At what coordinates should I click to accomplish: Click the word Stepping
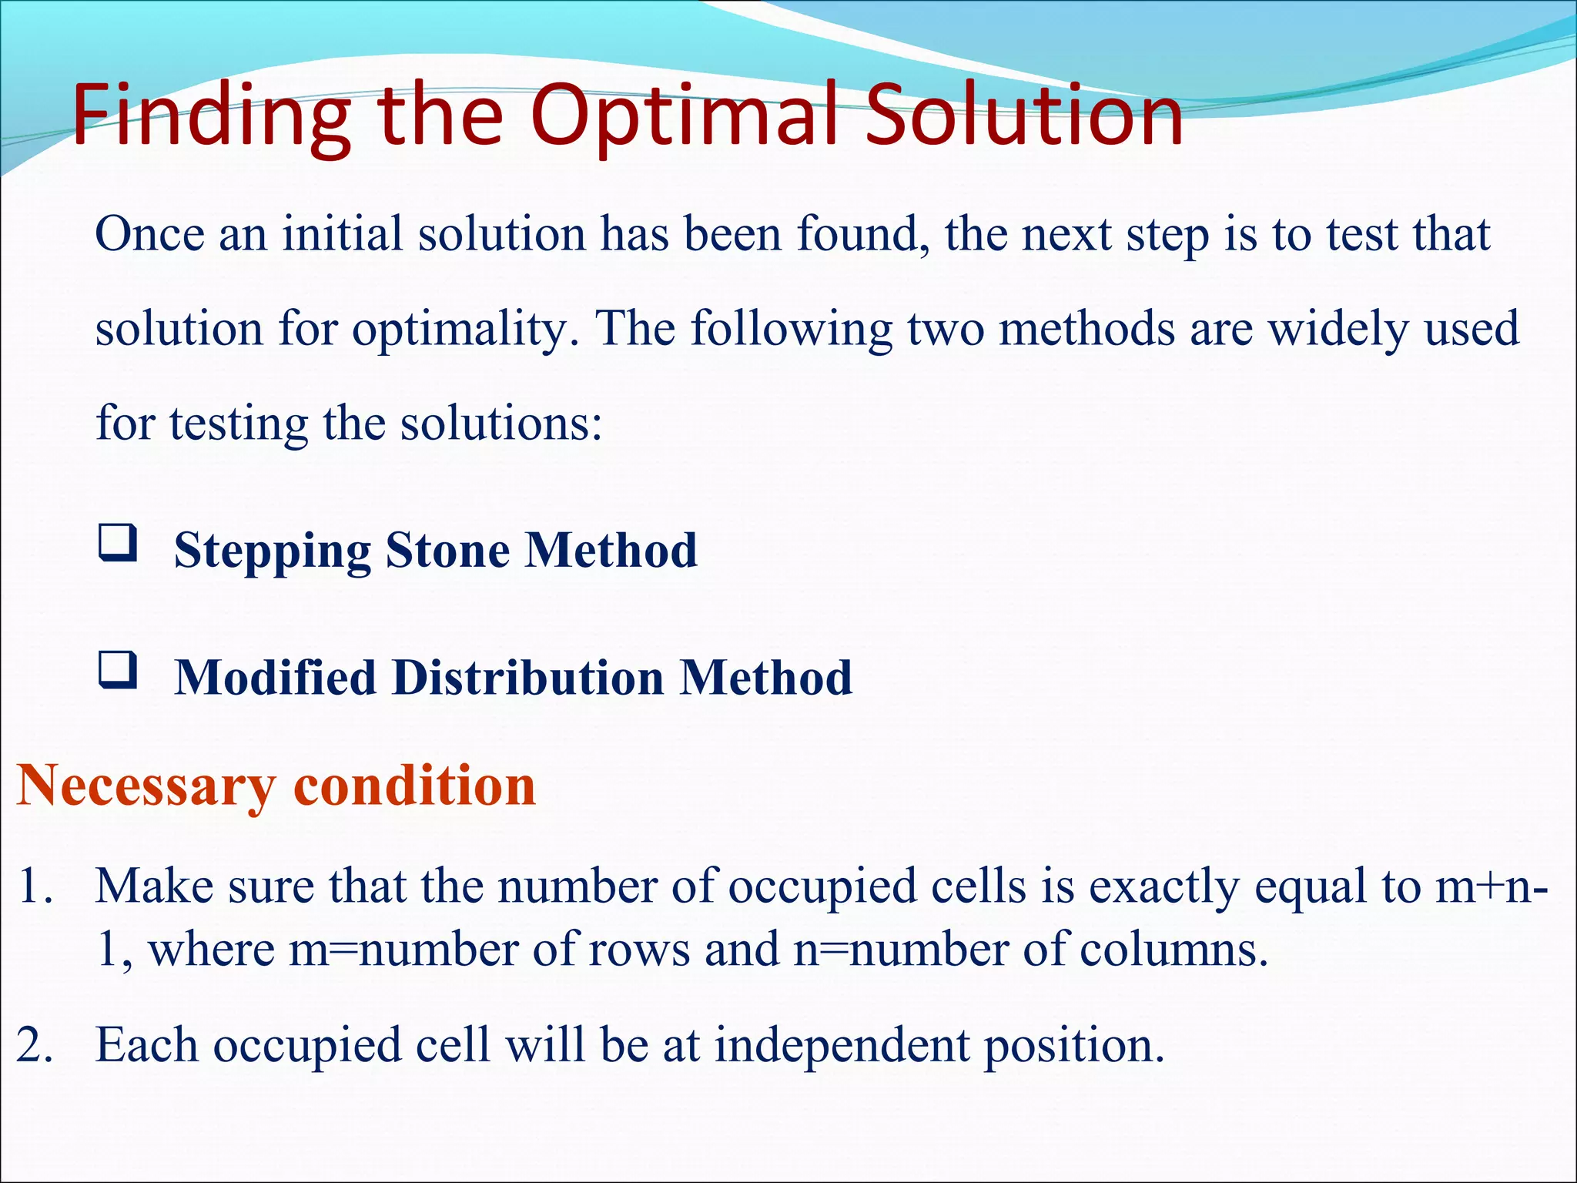tap(272, 551)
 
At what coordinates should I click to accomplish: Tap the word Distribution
tap(527, 678)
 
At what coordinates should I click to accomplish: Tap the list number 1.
tap(35, 886)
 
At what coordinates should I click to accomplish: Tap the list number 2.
tap(35, 1046)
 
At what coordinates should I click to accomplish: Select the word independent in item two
tap(842, 1046)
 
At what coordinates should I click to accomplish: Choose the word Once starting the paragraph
tap(149, 234)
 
